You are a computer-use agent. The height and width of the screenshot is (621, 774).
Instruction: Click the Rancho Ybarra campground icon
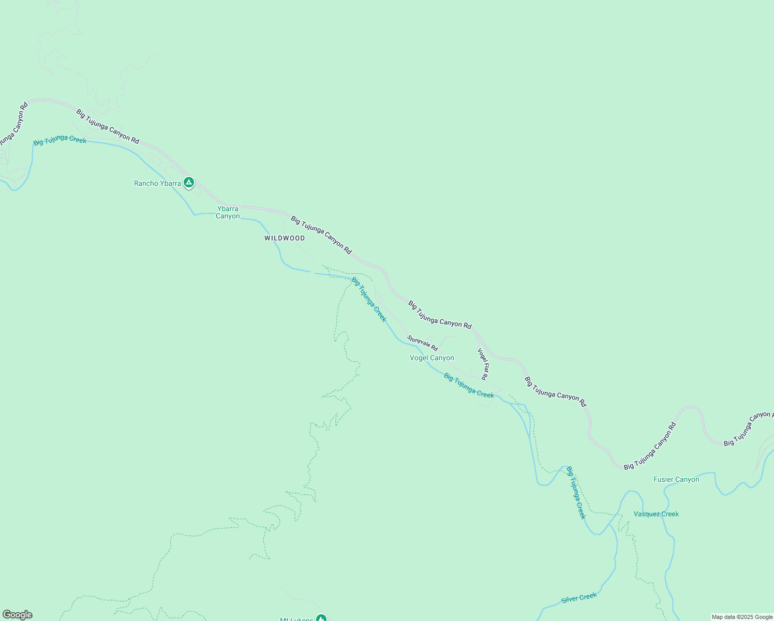[189, 182]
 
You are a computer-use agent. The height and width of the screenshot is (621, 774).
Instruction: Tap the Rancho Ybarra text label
[157, 183]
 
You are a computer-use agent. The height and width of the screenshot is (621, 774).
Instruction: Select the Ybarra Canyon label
[228, 212]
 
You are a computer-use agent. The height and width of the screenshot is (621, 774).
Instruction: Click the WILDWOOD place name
[285, 238]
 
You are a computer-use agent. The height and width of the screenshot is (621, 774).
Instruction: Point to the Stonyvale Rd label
[422, 343]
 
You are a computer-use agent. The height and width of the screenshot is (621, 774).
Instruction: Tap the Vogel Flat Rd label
[482, 364]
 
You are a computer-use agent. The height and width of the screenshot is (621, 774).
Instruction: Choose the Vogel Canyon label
[432, 358]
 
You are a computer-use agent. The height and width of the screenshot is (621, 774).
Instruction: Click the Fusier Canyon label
[676, 479]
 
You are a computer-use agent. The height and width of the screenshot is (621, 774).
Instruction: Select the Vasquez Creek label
[656, 514]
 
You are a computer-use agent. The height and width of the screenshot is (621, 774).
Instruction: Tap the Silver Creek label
[579, 598]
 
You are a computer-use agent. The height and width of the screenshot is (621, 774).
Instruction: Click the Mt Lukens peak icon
[321, 618]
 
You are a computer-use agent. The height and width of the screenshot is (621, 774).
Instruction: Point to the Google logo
[17, 615]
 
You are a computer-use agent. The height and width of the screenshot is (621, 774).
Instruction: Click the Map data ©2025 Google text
[741, 617]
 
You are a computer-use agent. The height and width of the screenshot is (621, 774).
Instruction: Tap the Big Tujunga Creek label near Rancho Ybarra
[59, 140]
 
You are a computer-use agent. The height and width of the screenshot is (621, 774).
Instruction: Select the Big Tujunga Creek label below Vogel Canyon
[469, 386]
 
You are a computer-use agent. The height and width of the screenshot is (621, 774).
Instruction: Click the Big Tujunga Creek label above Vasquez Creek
[576, 492]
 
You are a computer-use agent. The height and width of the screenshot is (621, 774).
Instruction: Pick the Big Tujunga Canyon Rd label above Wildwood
[321, 235]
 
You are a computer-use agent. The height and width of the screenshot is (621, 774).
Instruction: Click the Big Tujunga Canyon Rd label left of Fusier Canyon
[650, 446]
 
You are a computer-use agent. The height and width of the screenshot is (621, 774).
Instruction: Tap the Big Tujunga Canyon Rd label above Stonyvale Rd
[440, 315]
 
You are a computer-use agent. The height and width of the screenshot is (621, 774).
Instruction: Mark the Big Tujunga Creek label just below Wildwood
[369, 299]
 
